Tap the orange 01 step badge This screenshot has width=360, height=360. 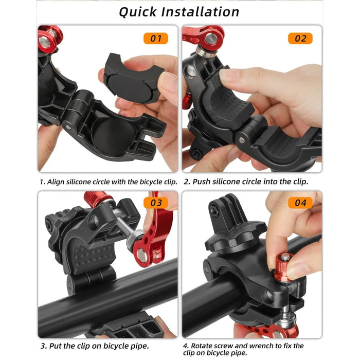click(156, 38)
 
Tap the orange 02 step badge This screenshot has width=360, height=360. click(300, 38)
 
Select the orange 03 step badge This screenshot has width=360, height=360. click(156, 203)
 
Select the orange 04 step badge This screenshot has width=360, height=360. click(300, 203)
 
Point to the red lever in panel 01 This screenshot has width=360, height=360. click(49, 38)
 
